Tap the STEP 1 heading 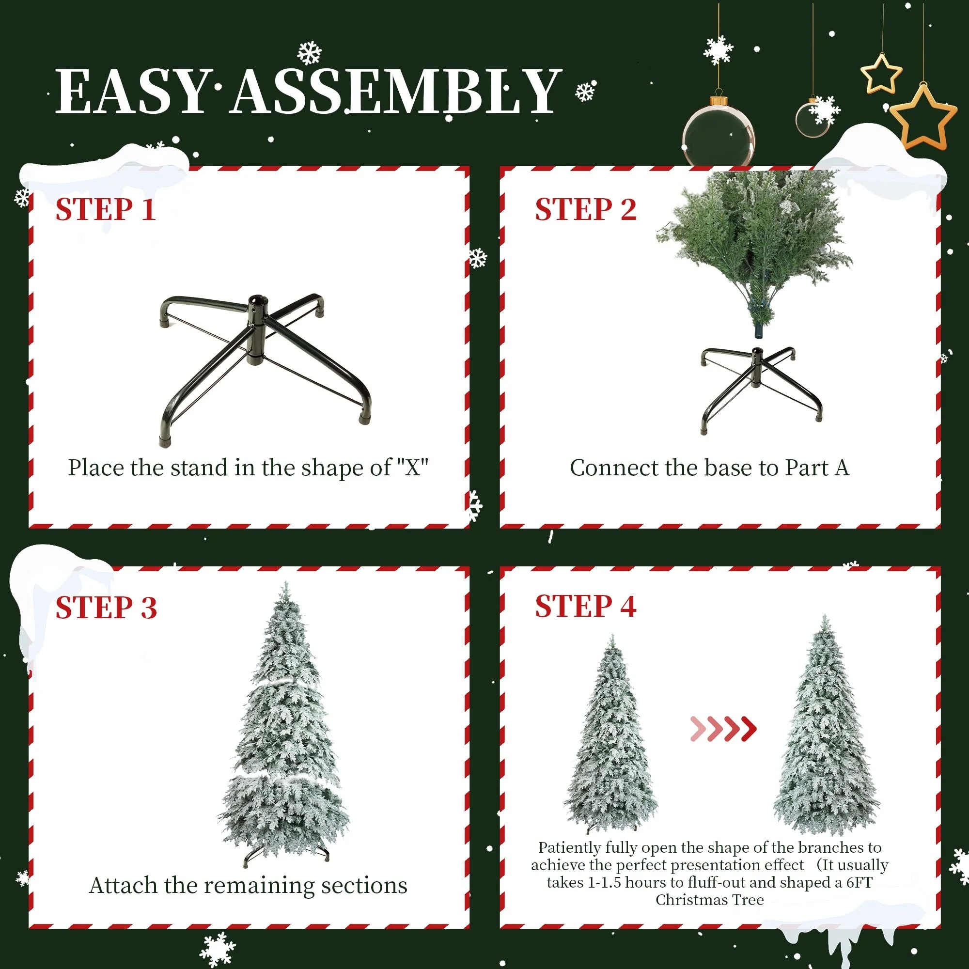[x=105, y=209]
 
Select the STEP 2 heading [x=585, y=209]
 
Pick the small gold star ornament [x=881, y=74]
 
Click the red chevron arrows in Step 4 [x=723, y=729]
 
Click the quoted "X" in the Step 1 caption [x=412, y=468]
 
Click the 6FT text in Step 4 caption [x=859, y=882]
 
